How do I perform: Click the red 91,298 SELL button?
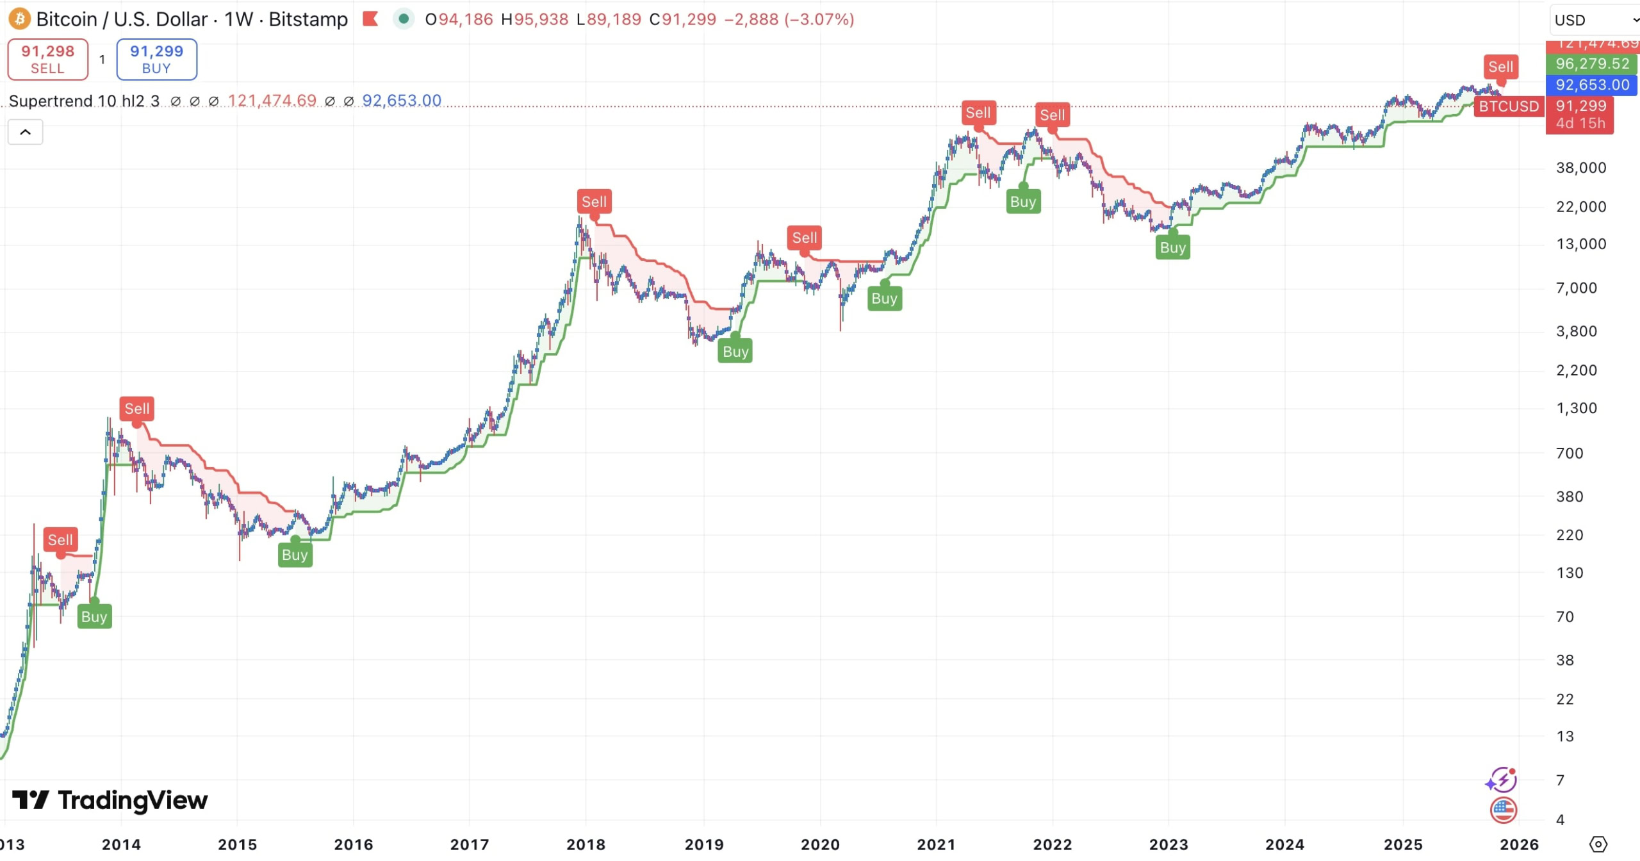[x=47, y=59]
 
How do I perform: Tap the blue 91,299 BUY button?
[x=156, y=59]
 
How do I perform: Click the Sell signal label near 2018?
[x=594, y=201]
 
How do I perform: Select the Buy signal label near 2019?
[x=735, y=351]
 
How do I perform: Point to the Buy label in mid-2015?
[x=295, y=554]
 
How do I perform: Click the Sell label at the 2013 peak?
[x=60, y=539]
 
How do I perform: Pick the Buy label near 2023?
[x=1172, y=247]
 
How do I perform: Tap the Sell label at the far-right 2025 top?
[x=1500, y=67]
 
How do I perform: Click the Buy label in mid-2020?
[x=884, y=298]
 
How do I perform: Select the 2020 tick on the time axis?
[x=820, y=844]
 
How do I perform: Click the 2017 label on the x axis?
[x=470, y=844]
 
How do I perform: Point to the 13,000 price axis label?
[x=1581, y=243]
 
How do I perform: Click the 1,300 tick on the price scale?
[x=1577, y=408]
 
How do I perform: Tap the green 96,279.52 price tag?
[x=1592, y=63]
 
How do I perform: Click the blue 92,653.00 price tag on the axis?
[x=1592, y=85]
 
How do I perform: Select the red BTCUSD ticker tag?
[x=1509, y=106]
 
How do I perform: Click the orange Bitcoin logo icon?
[x=19, y=19]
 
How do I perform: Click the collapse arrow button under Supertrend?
[x=25, y=132]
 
